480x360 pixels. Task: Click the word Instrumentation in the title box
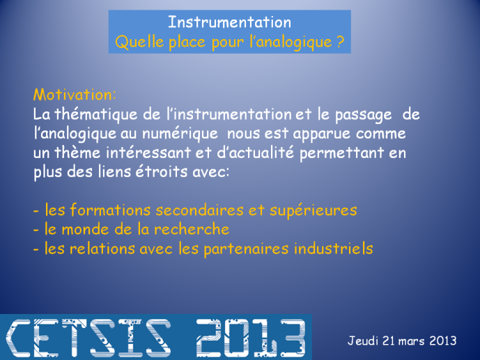pos(230,22)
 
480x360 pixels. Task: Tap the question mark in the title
pos(341,42)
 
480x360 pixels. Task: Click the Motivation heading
pos(75,95)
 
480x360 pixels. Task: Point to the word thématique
pos(98,114)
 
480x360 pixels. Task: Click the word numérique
pos(180,134)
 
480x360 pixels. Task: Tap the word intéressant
pos(148,152)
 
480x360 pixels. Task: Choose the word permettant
pos(341,153)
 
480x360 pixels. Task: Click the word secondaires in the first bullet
pos(199,210)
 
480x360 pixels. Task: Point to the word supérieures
pos(313,211)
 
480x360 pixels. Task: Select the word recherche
pos(192,229)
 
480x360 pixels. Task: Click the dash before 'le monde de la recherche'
pos(36,230)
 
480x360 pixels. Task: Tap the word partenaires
pos(246,249)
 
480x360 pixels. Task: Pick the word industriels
pos(334,248)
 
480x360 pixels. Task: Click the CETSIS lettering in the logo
pos(88,338)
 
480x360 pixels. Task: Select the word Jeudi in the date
pos(363,341)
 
